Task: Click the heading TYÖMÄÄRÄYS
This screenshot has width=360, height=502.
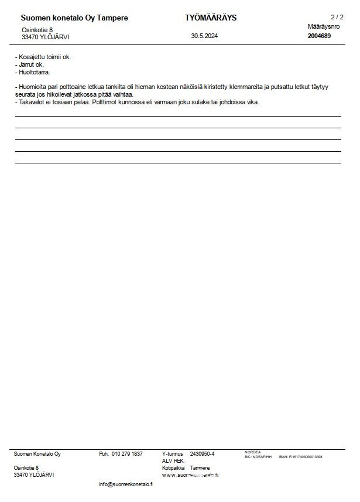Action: pos(210,18)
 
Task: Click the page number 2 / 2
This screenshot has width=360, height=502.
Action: pos(337,17)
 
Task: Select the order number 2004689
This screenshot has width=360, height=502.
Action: pos(319,36)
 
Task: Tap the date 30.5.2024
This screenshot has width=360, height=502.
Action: pos(204,36)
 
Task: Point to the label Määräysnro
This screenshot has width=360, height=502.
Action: pos(323,27)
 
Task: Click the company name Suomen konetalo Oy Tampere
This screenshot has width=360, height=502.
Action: pos(74,18)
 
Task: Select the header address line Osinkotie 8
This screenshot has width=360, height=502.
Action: pos(37,29)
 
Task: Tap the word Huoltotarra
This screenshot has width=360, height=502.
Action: pos(35,73)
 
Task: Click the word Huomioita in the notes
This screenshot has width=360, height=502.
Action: pos(32,87)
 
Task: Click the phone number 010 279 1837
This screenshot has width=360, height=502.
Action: pos(127,454)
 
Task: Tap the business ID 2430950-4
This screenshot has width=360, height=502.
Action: pos(203,454)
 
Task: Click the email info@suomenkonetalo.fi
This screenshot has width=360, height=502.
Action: pos(126,484)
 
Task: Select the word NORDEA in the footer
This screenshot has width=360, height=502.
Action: pos(252,452)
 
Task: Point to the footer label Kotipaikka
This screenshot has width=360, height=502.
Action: pos(174,468)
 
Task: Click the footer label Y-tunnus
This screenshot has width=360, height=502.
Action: pos(173,454)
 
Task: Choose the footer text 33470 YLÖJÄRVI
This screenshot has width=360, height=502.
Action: pos(34,475)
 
